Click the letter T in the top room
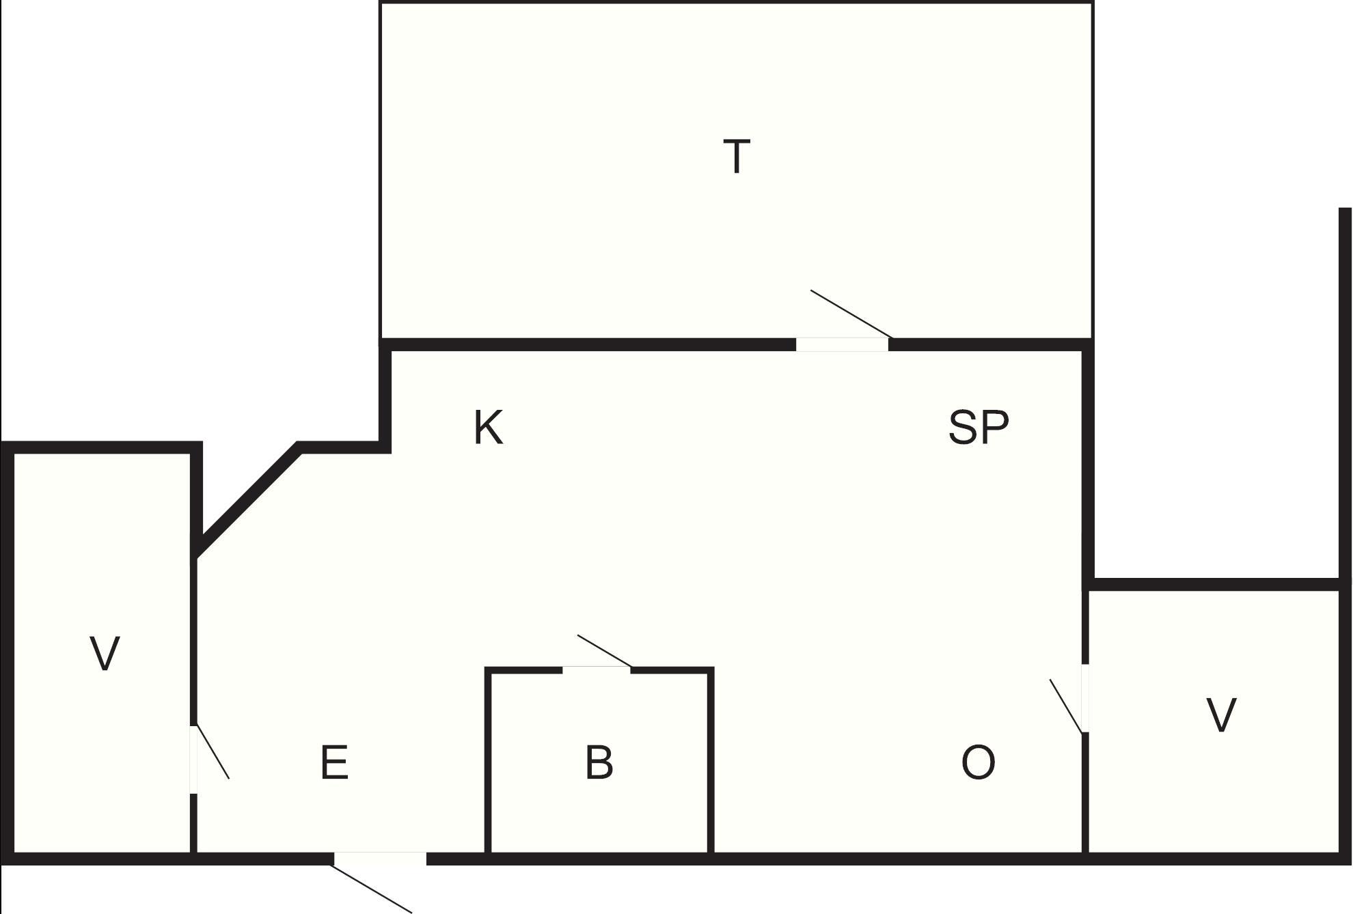[x=737, y=156]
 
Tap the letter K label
[x=489, y=428]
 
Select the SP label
[x=979, y=428]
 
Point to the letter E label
[x=334, y=762]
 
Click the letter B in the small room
[x=599, y=762]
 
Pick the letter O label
[x=978, y=762]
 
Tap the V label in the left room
[x=105, y=653]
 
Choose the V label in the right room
[x=1221, y=715]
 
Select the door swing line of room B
[x=605, y=651]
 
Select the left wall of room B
[x=488, y=762]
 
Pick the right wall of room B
[x=711, y=762]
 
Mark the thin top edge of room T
[x=737, y=3]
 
